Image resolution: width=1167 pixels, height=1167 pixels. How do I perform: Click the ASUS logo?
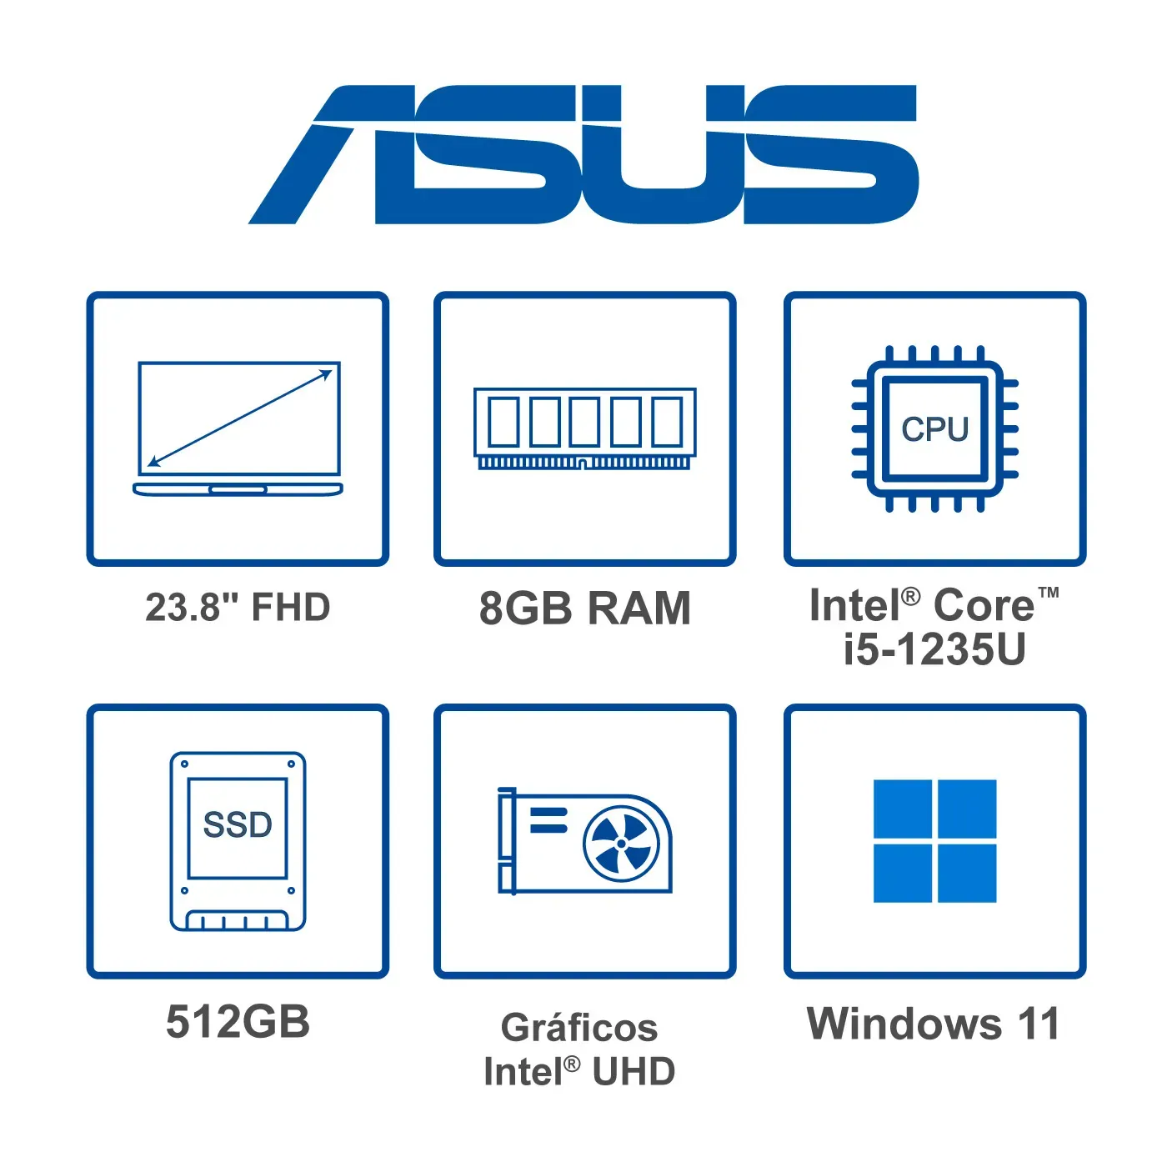coord(583,155)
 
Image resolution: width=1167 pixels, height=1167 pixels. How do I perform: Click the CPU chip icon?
coord(934,428)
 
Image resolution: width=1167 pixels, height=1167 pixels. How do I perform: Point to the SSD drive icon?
coord(238,841)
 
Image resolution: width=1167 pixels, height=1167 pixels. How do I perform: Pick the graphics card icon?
coord(584,841)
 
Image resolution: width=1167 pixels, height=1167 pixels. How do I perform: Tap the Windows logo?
coord(934,841)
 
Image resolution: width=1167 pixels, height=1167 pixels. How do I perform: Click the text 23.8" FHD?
coord(238,608)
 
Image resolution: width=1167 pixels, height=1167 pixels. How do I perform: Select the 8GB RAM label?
coord(584,608)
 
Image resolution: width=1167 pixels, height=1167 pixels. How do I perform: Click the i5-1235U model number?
coord(934,649)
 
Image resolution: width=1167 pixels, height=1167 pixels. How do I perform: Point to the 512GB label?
coord(238,1022)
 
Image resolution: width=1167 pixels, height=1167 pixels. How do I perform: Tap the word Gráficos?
coord(579,1028)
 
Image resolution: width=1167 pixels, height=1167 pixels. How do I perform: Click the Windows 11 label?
coord(933,1024)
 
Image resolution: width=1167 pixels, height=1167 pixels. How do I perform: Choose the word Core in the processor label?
coord(984,605)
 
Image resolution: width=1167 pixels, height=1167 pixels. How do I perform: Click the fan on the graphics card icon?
coord(621,844)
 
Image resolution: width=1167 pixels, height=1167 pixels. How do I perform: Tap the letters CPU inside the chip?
coord(934,429)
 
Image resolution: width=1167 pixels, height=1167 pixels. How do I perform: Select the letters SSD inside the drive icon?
coord(238,825)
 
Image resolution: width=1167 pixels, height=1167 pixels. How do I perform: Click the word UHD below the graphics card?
coord(634,1072)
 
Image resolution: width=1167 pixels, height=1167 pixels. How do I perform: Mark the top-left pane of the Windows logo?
coord(902,809)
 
